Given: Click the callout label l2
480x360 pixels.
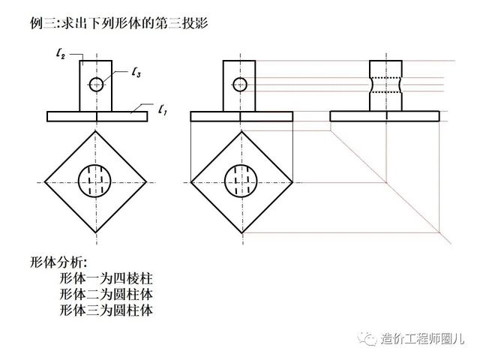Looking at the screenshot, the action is [61, 54].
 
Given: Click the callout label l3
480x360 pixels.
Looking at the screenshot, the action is [136, 73].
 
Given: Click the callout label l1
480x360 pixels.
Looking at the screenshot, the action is [163, 109].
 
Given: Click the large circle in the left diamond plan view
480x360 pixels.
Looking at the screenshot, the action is [78, 181].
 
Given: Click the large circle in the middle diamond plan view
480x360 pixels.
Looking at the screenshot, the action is [225, 181].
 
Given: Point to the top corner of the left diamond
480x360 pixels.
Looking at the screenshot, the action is [96, 131].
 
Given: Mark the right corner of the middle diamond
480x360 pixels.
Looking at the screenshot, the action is [292, 182].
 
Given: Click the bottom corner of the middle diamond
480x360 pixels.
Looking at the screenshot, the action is [242, 233].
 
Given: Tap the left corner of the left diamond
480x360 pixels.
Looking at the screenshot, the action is [45, 182].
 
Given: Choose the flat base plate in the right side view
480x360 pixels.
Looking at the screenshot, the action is [385, 116].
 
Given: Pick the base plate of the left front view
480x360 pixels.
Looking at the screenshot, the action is [97, 116].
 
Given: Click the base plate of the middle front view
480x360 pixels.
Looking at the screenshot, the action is [241, 116].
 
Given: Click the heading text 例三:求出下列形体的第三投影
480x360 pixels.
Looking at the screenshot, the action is [119, 23].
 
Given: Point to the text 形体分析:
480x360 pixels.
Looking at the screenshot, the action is [58, 262].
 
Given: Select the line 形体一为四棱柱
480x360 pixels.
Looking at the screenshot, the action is [106, 278].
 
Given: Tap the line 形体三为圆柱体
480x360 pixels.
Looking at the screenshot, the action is [106, 310].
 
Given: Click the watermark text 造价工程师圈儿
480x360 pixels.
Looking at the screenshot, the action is [423, 339].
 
